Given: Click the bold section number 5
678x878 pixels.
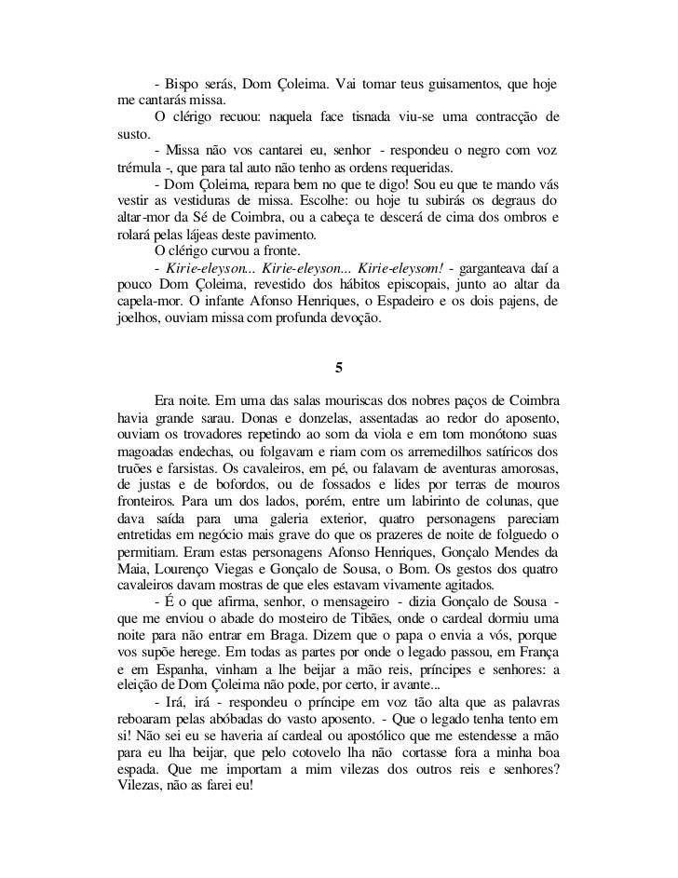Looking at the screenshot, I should [339, 368].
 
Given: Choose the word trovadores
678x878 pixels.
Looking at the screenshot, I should [205, 436].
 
